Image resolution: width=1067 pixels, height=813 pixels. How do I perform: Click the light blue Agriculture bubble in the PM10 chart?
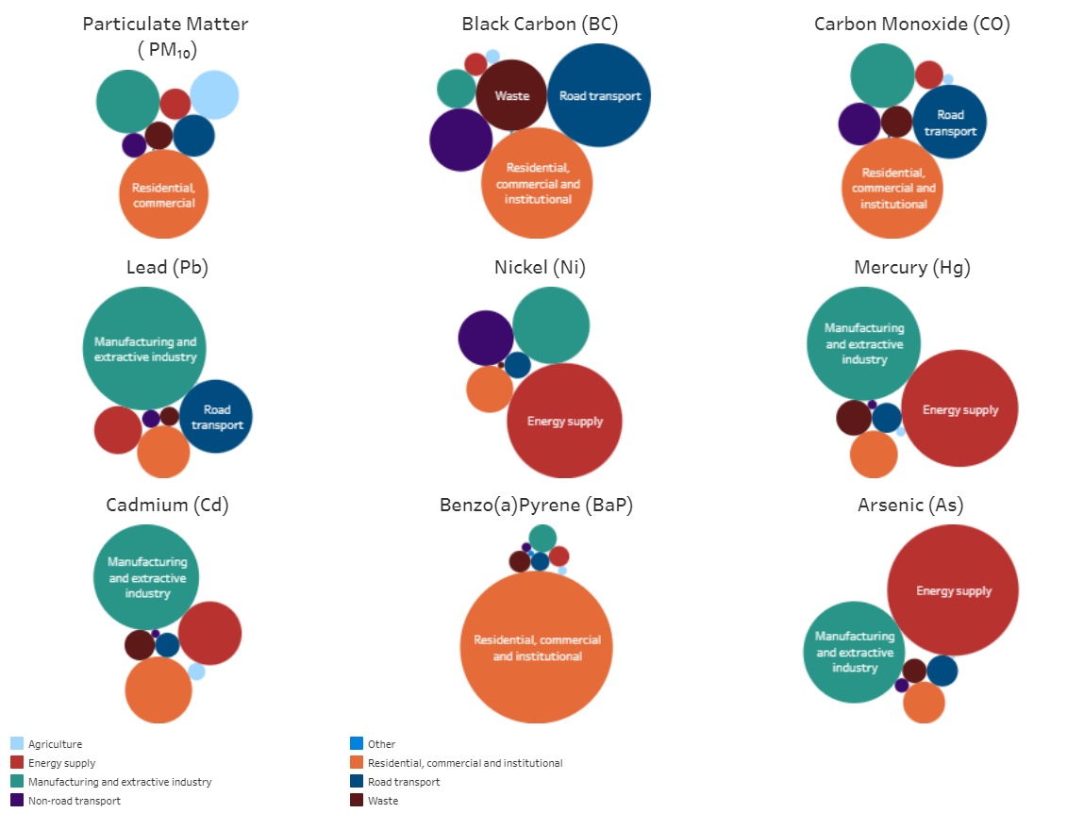point(214,94)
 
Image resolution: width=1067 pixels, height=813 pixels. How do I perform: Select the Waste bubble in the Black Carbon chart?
point(511,95)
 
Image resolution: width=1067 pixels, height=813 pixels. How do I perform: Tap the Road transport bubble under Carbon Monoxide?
point(950,122)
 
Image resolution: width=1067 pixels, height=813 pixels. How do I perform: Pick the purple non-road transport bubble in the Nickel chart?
point(486,339)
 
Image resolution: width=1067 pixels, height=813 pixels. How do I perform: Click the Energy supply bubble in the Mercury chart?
point(959,408)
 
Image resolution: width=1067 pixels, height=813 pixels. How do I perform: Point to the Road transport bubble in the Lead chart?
point(216,416)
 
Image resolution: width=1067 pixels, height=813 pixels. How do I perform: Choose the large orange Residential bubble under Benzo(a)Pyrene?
point(536,647)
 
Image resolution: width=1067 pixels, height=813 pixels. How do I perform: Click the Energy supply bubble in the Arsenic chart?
point(953,589)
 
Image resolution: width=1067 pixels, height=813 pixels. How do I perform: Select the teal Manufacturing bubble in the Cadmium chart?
point(146,577)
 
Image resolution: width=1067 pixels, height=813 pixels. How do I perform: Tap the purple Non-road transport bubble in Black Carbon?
point(460,141)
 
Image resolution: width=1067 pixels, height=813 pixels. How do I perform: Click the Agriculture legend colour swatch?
point(17,743)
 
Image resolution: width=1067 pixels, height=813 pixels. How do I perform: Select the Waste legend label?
point(383,801)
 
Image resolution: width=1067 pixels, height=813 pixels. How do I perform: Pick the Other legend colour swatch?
point(357,743)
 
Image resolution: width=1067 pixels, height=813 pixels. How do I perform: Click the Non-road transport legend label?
point(75,801)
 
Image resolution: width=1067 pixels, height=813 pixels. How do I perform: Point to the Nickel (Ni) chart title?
point(540,267)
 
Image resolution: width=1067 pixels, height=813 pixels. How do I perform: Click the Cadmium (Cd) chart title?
point(167,505)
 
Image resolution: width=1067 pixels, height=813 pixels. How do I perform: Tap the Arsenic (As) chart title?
point(910,505)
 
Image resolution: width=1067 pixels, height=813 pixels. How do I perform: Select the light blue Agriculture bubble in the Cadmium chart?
point(196,672)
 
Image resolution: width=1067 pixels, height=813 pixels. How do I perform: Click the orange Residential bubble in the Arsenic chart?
point(925,702)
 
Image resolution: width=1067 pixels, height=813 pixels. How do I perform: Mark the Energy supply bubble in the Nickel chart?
point(564,421)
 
